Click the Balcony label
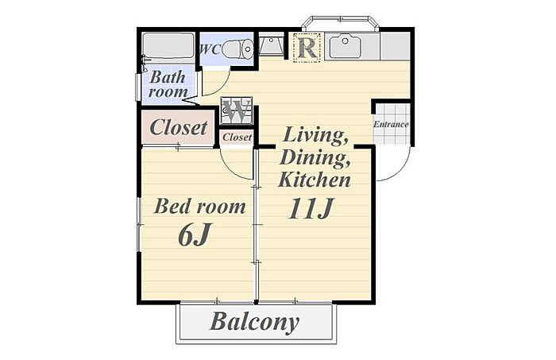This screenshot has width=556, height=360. pos(255,322)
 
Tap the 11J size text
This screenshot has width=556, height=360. pos(311,208)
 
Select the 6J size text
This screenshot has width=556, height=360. pos(195,234)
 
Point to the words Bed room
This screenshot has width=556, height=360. pos(199,206)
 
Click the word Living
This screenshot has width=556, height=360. pos(315,135)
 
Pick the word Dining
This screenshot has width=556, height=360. pos(315,157)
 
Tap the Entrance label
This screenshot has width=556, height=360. pos(391,125)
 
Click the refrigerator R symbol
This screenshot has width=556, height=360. pos(307,48)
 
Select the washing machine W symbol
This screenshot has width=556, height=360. pos(237,110)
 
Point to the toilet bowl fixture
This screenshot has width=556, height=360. pos(238,49)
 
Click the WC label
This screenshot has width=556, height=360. pos(210,49)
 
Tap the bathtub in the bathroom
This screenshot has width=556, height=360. pos(168,45)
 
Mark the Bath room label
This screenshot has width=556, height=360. pos(168,84)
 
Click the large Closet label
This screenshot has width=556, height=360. pos(179,127)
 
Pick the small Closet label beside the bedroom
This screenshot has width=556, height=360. pos(237,137)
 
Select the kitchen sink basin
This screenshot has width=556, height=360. pos(345,46)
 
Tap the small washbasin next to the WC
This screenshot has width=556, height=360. pos(271,45)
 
